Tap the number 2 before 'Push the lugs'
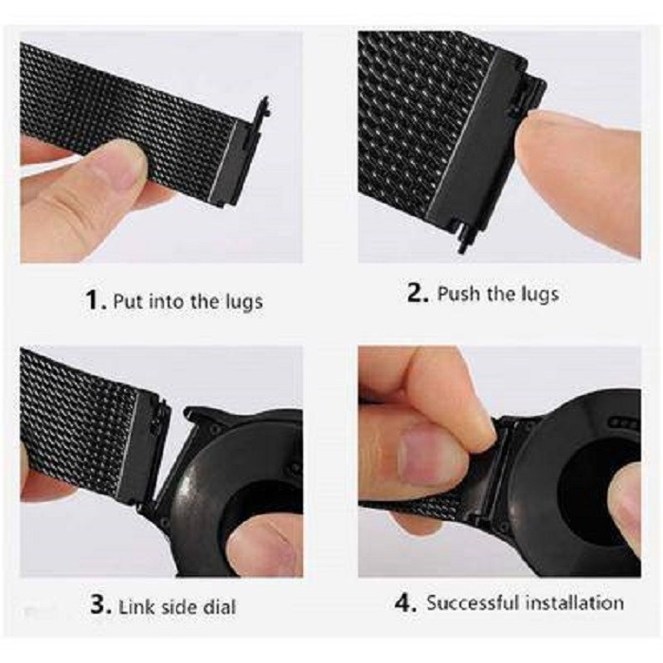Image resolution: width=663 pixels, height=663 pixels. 417,292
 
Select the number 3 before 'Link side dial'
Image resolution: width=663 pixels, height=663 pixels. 100,604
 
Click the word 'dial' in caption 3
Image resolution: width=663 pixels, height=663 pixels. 220,607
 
